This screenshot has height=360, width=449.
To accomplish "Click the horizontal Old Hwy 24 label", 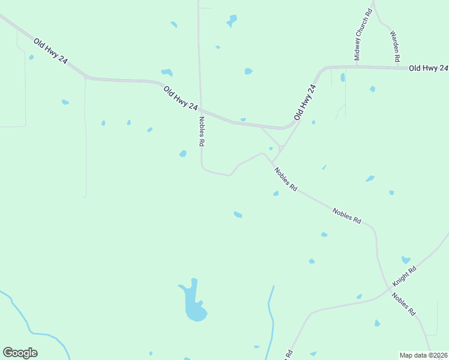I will tap(428, 68).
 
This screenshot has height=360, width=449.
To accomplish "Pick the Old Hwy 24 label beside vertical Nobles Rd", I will tap(180, 98).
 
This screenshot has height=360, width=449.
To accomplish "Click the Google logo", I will tap(20, 353).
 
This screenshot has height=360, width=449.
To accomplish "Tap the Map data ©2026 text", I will tap(424, 355).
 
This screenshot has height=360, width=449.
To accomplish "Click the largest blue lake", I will tap(194, 304).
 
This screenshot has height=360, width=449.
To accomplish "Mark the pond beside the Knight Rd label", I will tap(406, 260).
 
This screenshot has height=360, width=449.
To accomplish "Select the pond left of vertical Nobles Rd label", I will tap(182, 154).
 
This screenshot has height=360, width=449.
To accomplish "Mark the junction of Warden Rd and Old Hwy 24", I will tap(397, 67).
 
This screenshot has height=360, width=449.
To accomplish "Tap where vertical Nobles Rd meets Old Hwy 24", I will tap(200, 110).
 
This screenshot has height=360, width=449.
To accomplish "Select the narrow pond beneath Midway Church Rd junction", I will tap(342, 77).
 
